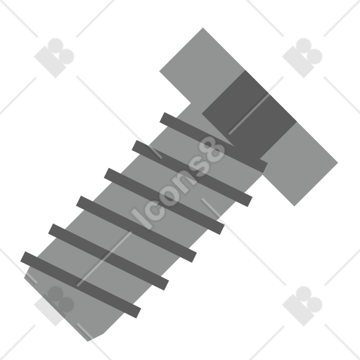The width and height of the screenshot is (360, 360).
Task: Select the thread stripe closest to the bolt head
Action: [214, 143]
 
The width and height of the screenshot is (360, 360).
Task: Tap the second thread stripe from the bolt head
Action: [192, 174]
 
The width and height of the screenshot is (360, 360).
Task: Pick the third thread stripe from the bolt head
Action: [165, 201]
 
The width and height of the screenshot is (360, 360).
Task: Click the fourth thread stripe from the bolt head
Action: [136, 229]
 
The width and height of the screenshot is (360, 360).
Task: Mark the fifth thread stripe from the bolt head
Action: [108, 257]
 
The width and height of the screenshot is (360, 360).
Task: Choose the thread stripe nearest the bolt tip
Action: [81, 285]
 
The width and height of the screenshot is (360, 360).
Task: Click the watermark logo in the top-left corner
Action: [54, 58]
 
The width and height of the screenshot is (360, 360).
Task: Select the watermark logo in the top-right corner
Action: [302, 58]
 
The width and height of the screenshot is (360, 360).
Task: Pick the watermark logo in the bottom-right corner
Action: [302, 306]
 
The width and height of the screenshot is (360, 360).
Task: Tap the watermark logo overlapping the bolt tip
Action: [54, 306]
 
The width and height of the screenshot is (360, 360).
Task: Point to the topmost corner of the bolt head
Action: [203, 28]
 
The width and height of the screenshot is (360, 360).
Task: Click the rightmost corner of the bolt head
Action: [337, 162]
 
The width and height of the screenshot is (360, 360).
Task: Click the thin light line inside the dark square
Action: [248, 114]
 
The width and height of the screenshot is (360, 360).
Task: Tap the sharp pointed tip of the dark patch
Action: [233, 146]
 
